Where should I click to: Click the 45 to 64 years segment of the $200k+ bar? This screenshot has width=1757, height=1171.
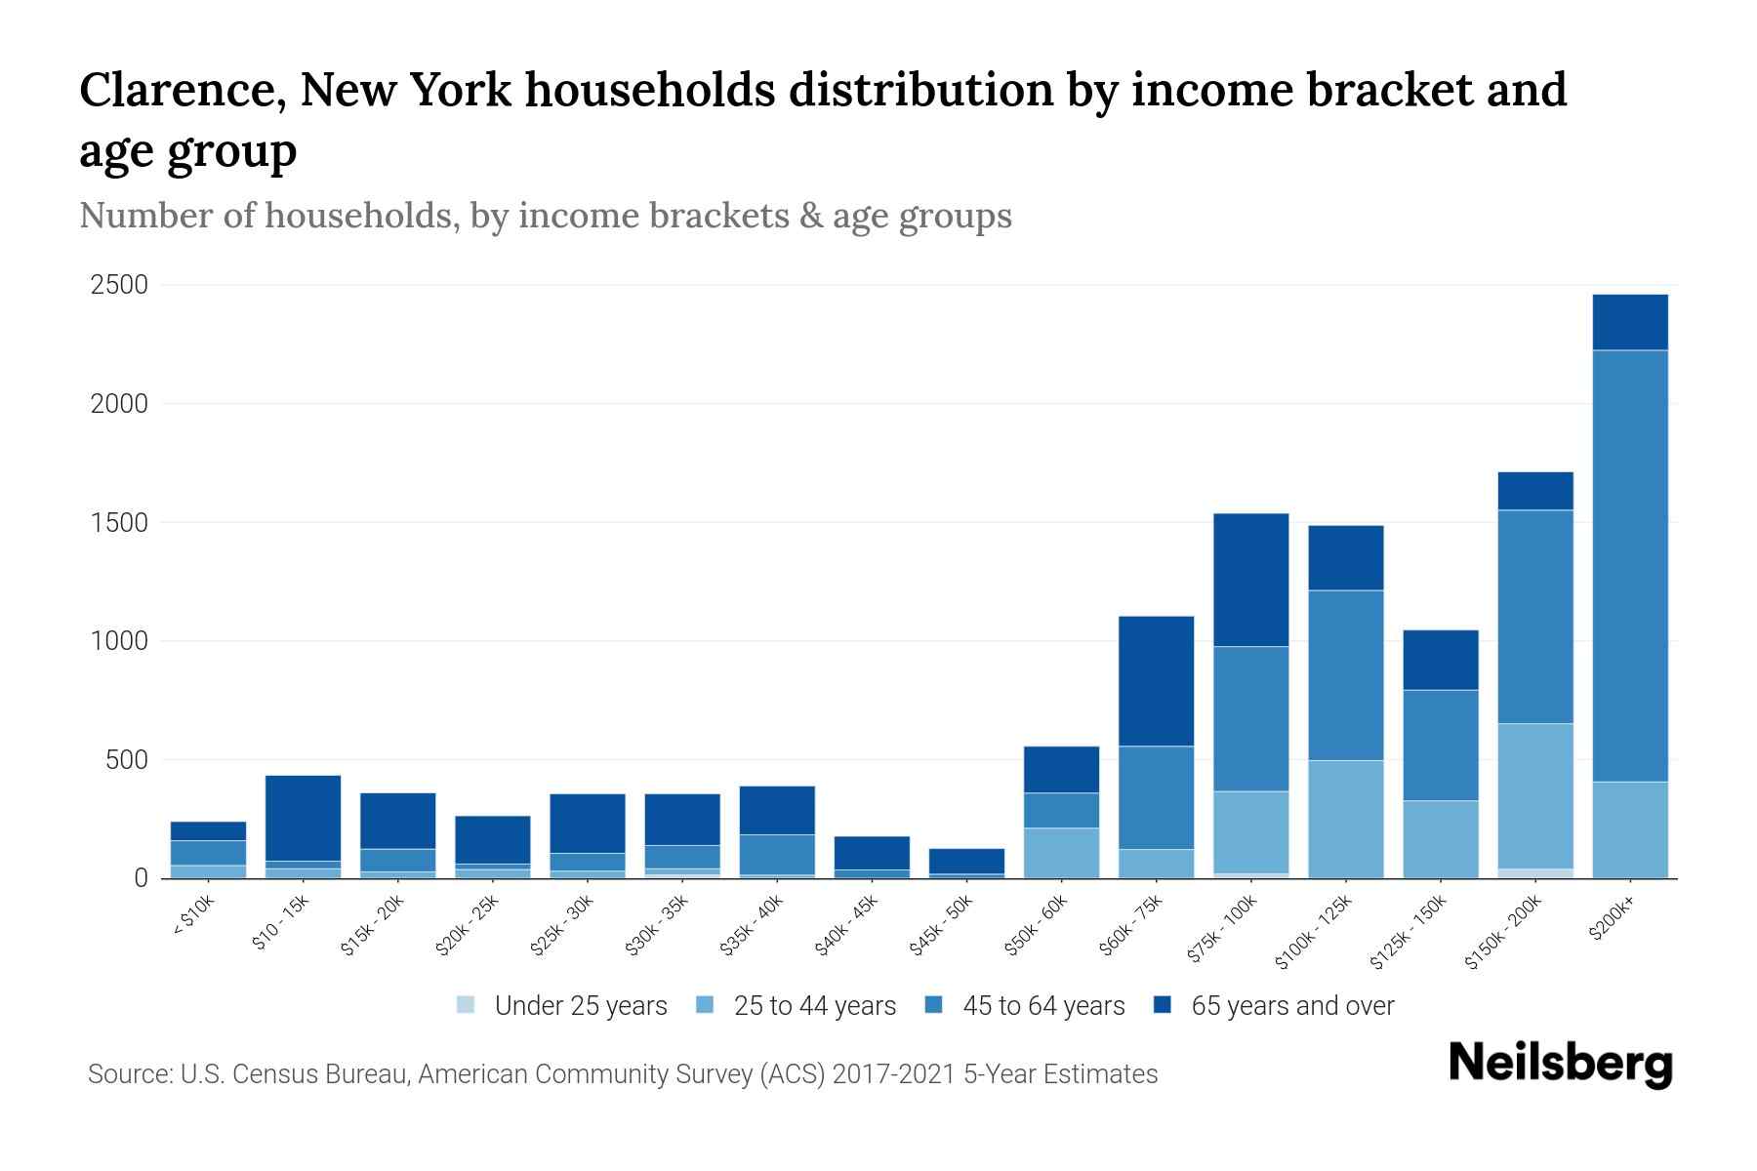click(x=1630, y=566)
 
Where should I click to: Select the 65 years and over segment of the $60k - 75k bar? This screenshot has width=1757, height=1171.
click(x=1156, y=681)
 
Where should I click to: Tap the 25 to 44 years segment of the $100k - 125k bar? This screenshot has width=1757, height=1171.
click(x=1346, y=819)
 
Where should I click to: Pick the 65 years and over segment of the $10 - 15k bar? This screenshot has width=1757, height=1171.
click(x=304, y=818)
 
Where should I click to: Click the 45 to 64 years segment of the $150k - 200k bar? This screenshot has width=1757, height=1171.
click(x=1535, y=617)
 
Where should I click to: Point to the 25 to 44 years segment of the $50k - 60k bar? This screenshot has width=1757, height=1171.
click(x=1061, y=853)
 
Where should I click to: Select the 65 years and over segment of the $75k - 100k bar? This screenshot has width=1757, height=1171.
click(x=1250, y=580)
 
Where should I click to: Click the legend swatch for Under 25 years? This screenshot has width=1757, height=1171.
click(x=467, y=1005)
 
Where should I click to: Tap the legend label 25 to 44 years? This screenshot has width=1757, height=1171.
click(x=814, y=1005)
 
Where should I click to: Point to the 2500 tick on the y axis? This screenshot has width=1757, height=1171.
click(x=119, y=285)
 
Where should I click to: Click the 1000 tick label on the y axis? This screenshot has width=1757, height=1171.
click(x=119, y=641)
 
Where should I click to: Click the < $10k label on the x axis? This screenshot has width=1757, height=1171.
click(x=193, y=917)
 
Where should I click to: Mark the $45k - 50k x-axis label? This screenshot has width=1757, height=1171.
click(x=941, y=928)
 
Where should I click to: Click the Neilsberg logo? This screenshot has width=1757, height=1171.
click(x=1560, y=1063)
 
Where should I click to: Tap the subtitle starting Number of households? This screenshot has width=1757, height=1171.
click(x=545, y=216)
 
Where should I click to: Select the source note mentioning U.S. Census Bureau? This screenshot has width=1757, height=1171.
click(x=622, y=1074)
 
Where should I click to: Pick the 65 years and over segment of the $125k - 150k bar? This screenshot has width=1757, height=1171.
click(x=1441, y=660)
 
